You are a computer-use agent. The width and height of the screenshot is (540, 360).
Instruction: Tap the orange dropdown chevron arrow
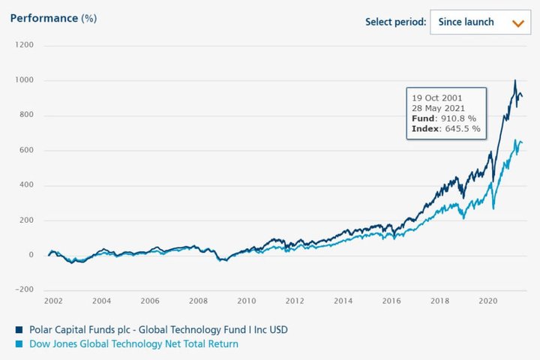click(517, 22)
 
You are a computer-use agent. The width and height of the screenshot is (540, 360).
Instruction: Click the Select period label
click(395, 22)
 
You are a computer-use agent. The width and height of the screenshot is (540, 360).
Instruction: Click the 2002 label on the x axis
click(54, 301)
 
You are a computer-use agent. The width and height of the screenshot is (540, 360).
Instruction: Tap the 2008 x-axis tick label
click(198, 301)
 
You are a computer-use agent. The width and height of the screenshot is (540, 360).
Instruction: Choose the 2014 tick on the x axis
click(343, 301)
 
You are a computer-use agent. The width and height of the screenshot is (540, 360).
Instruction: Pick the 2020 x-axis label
click(488, 301)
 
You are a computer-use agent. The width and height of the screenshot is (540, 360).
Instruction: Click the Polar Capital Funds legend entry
click(157, 328)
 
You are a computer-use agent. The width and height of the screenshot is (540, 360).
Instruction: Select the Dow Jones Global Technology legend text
click(133, 344)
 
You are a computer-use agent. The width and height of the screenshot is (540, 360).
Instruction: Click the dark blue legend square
click(17, 329)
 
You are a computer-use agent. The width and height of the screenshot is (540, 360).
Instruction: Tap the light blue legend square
click(17, 345)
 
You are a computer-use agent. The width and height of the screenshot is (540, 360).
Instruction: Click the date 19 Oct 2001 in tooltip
click(436, 97)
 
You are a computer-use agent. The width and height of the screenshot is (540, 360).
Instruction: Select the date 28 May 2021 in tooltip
click(439, 108)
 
